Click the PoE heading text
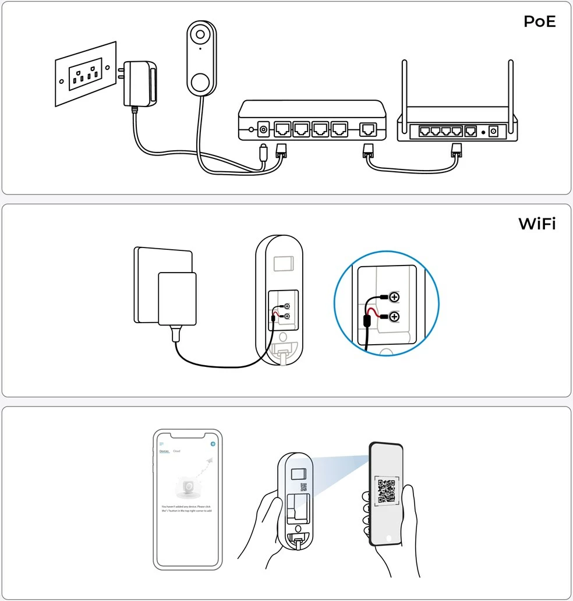click(539, 22)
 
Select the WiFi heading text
click(537, 224)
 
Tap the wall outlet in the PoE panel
click(86, 74)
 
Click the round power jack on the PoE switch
click(263, 129)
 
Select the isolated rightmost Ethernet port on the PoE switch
click(368, 129)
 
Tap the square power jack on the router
click(495, 132)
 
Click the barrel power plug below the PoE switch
click(263, 153)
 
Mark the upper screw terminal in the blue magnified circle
click(394, 298)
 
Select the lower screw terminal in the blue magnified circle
click(394, 317)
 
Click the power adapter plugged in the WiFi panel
click(177, 300)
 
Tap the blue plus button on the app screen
click(213, 444)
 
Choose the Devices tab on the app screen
click(164, 451)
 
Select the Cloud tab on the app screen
click(176, 451)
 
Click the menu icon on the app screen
click(162, 444)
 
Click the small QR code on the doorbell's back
click(303, 487)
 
